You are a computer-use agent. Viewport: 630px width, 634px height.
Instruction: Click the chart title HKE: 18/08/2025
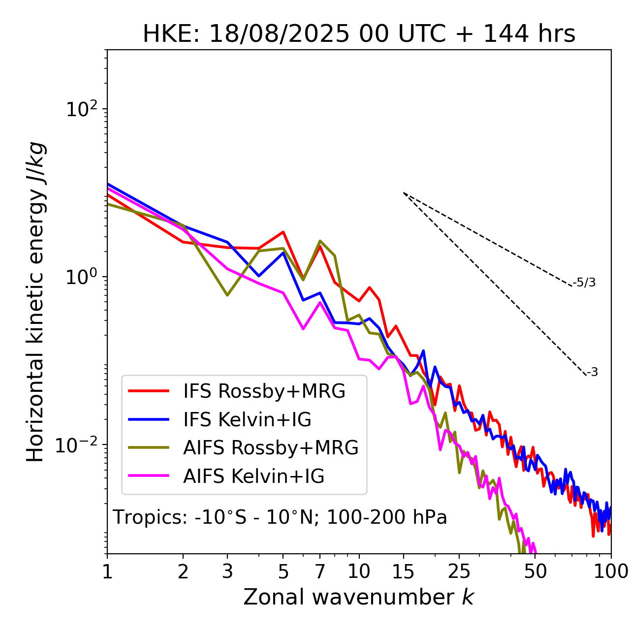(359, 34)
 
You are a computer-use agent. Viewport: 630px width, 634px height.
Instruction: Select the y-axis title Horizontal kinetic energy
(36, 302)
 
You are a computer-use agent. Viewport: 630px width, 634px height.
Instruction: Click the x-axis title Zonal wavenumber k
(359, 597)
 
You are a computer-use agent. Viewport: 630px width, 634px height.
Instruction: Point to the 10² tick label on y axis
(82, 109)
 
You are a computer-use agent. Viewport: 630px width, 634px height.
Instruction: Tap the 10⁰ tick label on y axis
(82, 277)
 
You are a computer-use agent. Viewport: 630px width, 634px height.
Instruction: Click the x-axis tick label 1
(107, 571)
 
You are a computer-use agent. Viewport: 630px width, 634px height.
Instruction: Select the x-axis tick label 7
(320, 571)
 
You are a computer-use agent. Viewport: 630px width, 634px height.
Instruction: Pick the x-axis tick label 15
(403, 571)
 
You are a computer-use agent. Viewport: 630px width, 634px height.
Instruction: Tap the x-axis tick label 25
(459, 571)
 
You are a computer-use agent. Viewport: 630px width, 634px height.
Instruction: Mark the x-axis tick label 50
(535, 571)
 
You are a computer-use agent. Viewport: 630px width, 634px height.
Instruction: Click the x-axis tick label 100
(611, 571)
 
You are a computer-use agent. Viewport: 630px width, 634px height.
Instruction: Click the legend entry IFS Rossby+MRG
(264, 391)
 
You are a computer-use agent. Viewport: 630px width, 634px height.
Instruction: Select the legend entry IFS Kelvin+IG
(247, 419)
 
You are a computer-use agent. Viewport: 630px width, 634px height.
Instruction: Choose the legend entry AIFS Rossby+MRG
(271, 448)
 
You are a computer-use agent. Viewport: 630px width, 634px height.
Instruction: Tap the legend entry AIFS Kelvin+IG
(253, 476)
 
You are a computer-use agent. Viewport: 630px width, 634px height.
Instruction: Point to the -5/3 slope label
(584, 283)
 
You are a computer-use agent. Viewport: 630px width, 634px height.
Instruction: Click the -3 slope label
(592, 372)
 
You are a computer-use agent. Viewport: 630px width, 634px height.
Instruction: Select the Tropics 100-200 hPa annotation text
(280, 517)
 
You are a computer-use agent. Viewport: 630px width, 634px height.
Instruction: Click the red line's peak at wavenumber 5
(283, 232)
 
